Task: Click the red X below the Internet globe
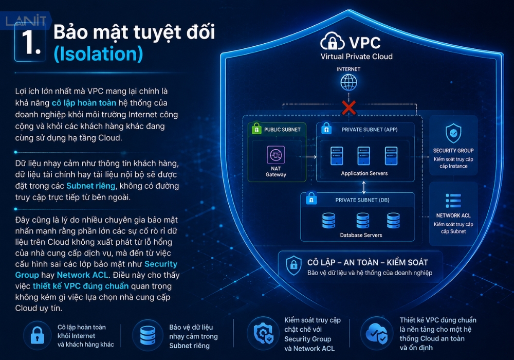click(x=349, y=107)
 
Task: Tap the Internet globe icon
click(x=349, y=82)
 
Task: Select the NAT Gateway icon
click(x=276, y=154)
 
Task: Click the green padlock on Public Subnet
click(x=256, y=129)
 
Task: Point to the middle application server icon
click(x=364, y=156)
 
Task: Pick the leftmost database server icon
click(x=328, y=220)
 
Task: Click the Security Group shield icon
click(x=453, y=133)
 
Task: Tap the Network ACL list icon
click(x=453, y=201)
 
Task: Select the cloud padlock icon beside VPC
click(x=332, y=41)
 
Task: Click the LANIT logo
click(x=26, y=21)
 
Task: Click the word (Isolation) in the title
click(x=98, y=54)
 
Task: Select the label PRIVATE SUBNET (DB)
click(x=362, y=200)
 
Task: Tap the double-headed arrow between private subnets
click(x=363, y=187)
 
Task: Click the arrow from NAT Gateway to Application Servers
click(x=311, y=157)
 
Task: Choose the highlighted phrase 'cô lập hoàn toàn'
click(x=84, y=103)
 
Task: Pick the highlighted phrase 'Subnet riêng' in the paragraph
click(x=91, y=186)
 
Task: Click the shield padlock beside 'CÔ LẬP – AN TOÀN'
click(x=293, y=265)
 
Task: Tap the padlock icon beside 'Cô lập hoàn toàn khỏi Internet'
click(x=37, y=335)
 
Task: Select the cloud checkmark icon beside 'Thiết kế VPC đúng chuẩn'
click(x=377, y=333)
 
